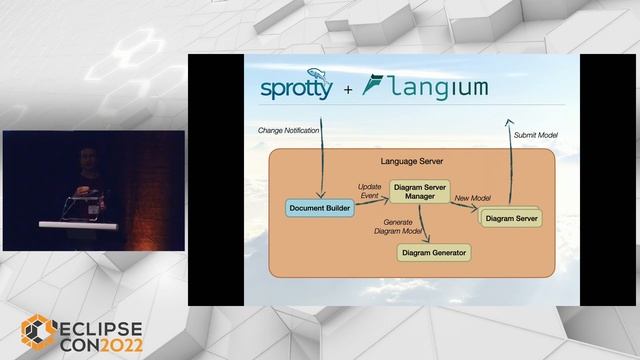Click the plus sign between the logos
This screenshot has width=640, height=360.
(347, 90)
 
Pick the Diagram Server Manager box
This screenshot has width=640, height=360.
(420, 191)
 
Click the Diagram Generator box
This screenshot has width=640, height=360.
(433, 253)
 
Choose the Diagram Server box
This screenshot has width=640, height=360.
(517, 216)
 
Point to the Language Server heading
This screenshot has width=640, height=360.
(412, 160)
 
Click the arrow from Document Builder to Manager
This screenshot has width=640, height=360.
(372, 202)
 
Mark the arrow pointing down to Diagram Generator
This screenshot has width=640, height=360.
(427, 225)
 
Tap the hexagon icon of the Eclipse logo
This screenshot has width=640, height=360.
(39, 333)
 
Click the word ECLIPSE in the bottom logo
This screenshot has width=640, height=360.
(101, 327)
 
